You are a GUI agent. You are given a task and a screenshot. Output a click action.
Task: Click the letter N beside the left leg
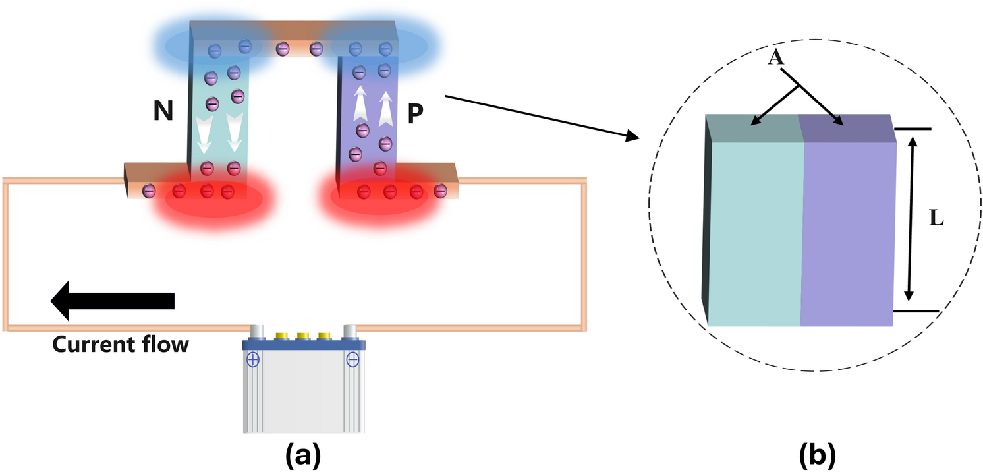tap(162, 111)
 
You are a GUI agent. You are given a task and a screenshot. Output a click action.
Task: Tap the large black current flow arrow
tap(113, 301)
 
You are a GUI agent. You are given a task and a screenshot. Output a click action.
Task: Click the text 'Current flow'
tap(121, 344)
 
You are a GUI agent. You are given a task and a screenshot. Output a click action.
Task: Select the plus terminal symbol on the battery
tap(253, 359)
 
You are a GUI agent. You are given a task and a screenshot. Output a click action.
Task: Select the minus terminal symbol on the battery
tap(352, 359)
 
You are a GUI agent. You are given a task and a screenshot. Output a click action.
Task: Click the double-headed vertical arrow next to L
tap(911, 218)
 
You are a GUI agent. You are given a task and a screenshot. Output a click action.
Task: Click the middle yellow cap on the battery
tap(303, 337)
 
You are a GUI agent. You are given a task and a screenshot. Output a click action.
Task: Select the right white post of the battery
tap(349, 331)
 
